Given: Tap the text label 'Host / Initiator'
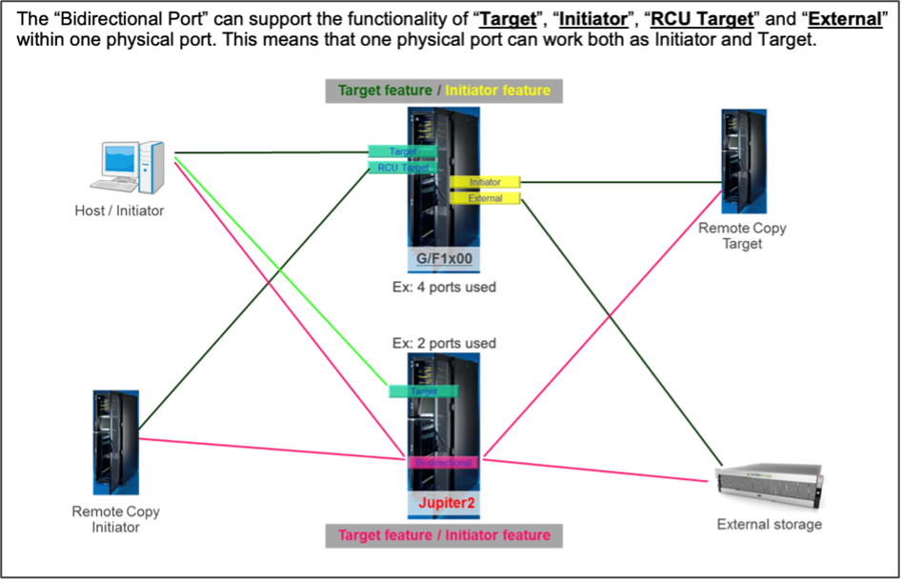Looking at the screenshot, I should click(x=119, y=210).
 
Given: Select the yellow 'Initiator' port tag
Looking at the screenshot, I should click(x=486, y=182).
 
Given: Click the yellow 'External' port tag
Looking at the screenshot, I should click(x=486, y=198).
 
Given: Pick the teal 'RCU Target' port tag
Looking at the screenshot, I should click(x=402, y=168).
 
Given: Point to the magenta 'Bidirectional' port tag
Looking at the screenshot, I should click(x=443, y=462).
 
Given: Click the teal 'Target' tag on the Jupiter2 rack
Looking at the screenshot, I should click(x=423, y=391).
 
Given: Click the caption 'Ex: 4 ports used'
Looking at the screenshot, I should click(x=444, y=287).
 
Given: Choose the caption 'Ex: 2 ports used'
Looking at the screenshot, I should click(x=444, y=343).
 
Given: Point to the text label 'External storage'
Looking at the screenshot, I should click(x=769, y=524).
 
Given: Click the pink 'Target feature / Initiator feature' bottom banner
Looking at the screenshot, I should click(x=444, y=535).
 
